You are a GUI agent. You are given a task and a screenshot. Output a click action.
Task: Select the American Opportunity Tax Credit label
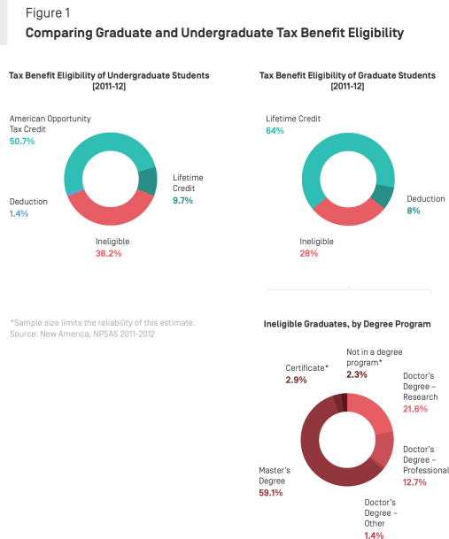click(50, 123)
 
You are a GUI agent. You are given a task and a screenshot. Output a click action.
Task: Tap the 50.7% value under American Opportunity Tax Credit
click(22, 140)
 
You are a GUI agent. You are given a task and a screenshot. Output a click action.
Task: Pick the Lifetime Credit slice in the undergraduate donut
click(148, 181)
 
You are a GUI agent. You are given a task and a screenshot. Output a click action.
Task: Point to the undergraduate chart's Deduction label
click(28, 202)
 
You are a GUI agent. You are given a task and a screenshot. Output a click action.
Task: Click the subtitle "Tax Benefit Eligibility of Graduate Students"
click(347, 76)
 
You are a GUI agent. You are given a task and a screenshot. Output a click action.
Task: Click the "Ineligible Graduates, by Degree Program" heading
click(347, 324)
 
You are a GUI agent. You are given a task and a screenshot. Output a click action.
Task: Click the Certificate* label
click(306, 366)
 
